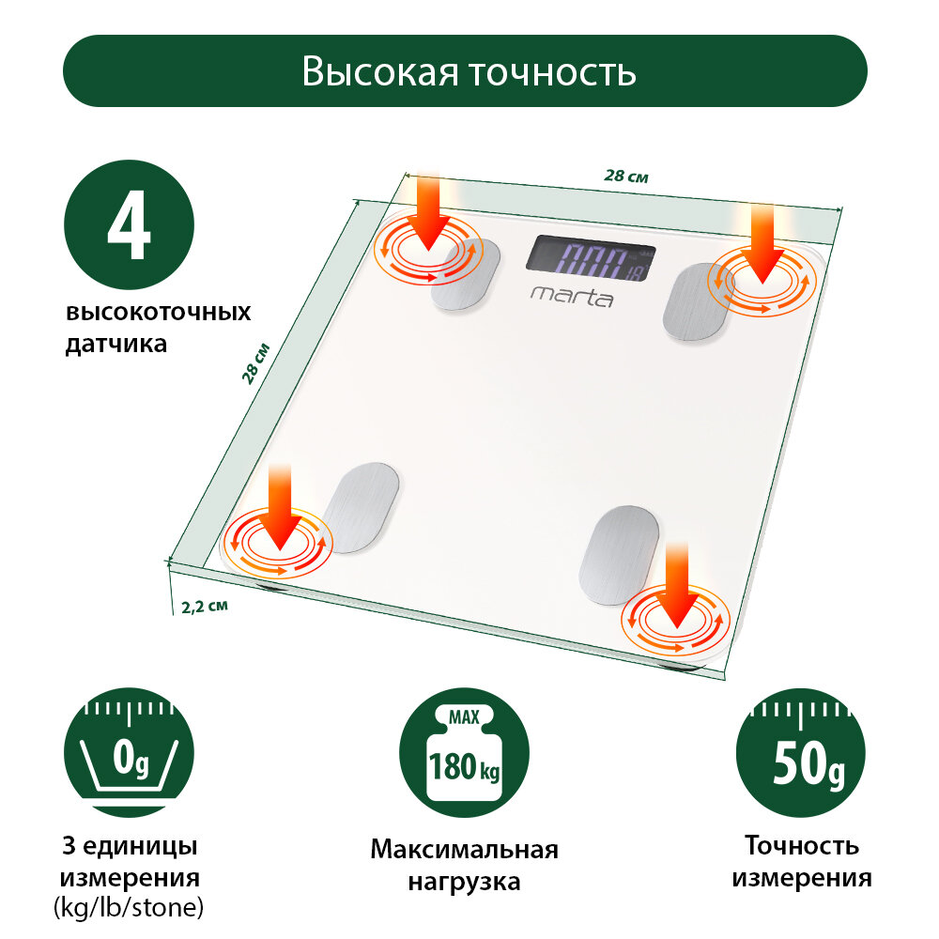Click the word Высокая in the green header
[380, 71]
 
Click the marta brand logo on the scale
[572, 297]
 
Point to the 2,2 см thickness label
[204, 606]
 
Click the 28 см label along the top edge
[625, 176]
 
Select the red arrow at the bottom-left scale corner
[280, 507]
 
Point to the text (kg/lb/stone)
[129, 908]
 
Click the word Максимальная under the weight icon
[464, 850]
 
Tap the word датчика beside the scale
[116, 344]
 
